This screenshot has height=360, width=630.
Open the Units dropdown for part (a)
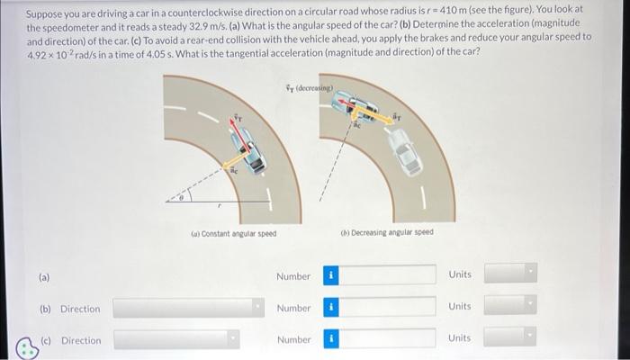click(x=510, y=273)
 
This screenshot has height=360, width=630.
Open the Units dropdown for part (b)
click(x=510, y=306)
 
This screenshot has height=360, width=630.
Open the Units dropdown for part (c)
click(x=510, y=337)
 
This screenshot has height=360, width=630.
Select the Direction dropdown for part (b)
click(x=176, y=309)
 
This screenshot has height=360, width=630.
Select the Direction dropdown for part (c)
click(x=176, y=340)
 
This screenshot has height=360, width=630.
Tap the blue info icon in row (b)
click(x=330, y=308)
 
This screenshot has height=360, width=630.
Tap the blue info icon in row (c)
click(x=330, y=339)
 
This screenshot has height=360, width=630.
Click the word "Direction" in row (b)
click(x=80, y=309)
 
